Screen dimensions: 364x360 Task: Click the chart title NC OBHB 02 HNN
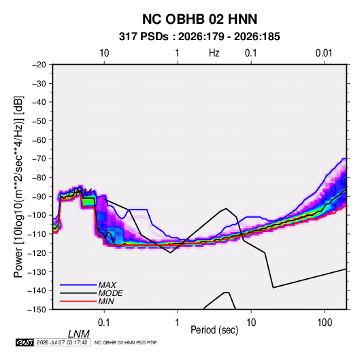[199, 19]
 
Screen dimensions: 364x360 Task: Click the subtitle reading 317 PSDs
[144, 37]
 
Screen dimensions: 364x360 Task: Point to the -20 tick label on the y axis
[39, 65]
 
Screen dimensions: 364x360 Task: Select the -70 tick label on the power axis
[39, 159]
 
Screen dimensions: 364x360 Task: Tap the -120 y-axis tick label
[37, 253]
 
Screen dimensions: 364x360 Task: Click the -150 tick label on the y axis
[37, 310]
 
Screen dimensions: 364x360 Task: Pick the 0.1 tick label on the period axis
[103, 323]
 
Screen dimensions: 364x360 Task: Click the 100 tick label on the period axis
[325, 323]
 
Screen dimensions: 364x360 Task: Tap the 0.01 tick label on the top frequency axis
[324, 53]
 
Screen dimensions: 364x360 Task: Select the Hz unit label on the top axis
[214, 53]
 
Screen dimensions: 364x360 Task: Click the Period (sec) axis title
[214, 330]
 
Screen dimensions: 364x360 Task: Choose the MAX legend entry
[107, 285]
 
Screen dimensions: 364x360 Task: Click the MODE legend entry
[110, 293]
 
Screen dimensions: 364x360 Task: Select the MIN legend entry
[106, 301]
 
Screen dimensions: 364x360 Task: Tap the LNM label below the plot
[79, 334]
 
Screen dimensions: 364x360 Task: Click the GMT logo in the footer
[25, 342]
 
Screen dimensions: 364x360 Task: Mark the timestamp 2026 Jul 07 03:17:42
[62, 342]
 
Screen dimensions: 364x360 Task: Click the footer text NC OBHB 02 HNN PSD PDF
[126, 342]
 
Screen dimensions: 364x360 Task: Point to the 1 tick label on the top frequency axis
[177, 53]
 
